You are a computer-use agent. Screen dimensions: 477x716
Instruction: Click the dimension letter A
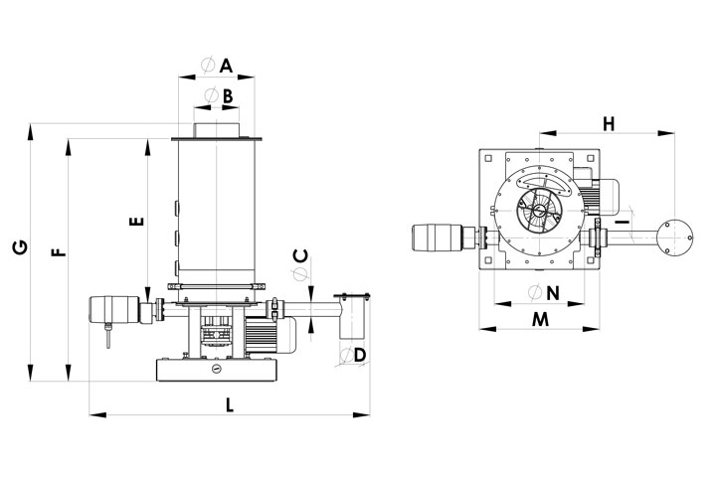coord(226,67)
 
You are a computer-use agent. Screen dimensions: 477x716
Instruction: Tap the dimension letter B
coord(227,96)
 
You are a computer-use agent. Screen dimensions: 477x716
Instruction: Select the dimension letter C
coord(301,254)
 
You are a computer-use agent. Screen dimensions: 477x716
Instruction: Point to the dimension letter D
coord(360,354)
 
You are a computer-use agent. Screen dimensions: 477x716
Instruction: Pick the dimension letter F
coord(59,252)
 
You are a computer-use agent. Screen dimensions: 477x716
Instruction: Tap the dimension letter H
coord(609,123)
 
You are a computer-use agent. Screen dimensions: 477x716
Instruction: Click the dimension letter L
coord(229,404)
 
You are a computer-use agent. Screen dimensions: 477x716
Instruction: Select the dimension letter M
coord(540,318)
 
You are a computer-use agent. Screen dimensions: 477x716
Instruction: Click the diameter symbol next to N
coord(535,292)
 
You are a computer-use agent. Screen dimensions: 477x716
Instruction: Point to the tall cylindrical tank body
coord(215,209)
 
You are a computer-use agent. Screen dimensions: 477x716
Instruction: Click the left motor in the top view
coord(439,239)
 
